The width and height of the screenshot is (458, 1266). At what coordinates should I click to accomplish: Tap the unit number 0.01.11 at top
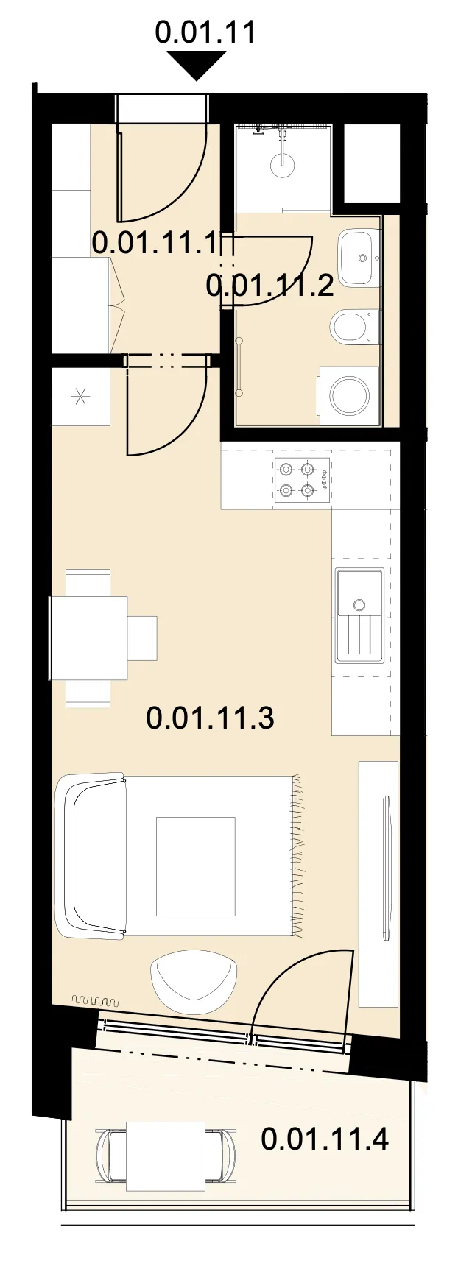(x=205, y=32)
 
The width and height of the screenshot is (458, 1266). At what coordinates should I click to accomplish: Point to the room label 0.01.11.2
(x=270, y=284)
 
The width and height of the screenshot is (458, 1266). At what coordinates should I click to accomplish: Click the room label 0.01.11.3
(x=211, y=717)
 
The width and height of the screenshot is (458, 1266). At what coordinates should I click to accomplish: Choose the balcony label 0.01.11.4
(x=325, y=1139)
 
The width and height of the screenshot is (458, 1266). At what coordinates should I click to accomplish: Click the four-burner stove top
(x=303, y=479)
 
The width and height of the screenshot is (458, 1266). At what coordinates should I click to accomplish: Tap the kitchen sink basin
(x=359, y=594)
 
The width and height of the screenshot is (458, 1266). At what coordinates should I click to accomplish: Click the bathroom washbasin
(x=359, y=258)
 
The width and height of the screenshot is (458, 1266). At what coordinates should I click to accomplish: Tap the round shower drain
(x=282, y=164)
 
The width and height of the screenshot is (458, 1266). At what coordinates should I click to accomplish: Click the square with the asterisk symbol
(x=81, y=397)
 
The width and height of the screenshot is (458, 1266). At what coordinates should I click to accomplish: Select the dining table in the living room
(x=88, y=637)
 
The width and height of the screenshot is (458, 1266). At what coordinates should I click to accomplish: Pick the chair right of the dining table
(x=142, y=638)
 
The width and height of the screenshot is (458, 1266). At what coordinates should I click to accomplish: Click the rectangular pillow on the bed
(x=196, y=866)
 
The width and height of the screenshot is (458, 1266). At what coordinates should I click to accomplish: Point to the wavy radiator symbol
(x=95, y=1001)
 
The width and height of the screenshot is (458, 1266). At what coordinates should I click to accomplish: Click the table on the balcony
(x=166, y=1156)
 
